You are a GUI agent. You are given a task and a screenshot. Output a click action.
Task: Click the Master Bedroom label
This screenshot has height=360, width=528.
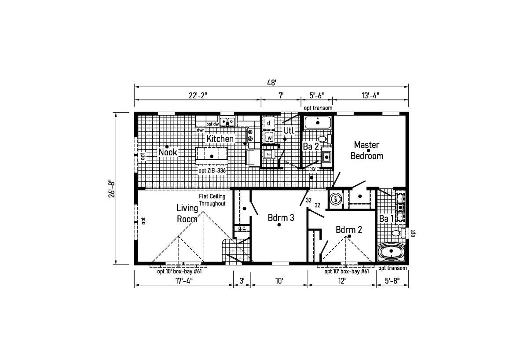[x=367, y=150]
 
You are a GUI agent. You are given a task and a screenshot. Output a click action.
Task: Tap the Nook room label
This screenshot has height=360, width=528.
[x=168, y=152]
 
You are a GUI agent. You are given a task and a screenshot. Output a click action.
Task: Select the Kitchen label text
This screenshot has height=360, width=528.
[x=220, y=139]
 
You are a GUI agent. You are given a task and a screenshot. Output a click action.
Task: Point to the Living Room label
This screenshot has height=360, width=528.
[x=187, y=213]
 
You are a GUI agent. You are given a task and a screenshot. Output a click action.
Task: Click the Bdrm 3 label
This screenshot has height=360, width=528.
[x=281, y=217]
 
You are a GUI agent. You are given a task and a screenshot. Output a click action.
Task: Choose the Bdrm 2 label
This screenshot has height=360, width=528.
[x=348, y=229]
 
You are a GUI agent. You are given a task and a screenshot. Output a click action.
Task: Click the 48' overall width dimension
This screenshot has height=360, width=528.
[x=271, y=83]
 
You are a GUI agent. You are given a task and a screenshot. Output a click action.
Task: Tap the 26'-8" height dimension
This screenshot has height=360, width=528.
[x=111, y=189]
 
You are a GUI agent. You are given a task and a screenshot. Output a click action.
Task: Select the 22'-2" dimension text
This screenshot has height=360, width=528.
[x=198, y=96]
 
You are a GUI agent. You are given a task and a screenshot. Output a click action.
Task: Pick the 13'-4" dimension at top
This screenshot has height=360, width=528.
[x=370, y=96]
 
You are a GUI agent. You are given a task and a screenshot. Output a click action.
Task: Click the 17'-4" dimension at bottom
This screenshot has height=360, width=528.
[x=184, y=281]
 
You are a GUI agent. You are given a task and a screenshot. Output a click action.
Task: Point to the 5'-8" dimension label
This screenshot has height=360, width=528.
[x=392, y=281]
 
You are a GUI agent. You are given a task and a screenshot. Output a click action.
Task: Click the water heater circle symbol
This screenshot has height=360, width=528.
[x=335, y=199]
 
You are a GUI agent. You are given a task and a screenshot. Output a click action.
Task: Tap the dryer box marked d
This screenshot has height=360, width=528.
[x=268, y=123]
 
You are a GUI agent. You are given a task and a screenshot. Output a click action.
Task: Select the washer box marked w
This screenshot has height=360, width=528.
[x=269, y=137]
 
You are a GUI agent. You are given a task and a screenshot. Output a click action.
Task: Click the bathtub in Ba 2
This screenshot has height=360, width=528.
[x=318, y=122]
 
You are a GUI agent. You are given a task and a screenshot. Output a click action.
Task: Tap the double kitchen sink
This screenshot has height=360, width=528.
[x=227, y=121]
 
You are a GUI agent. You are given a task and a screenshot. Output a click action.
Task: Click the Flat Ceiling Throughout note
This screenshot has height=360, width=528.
[x=212, y=200]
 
